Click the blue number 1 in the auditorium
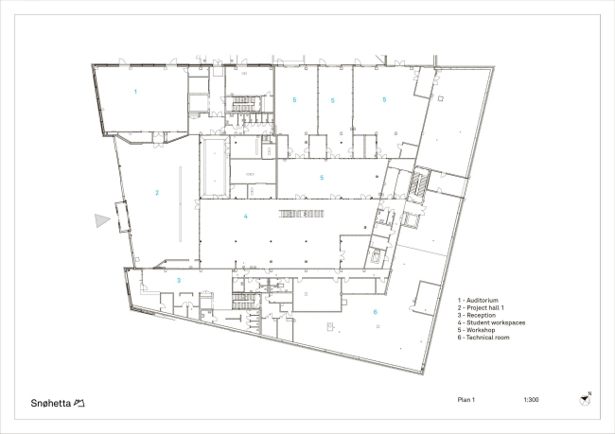click(135, 92)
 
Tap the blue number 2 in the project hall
click(157, 193)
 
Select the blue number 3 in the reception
click(179, 280)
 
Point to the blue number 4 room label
click(246, 216)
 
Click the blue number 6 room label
click(376, 312)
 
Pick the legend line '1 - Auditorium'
click(478, 301)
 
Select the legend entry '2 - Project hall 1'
click(481, 307)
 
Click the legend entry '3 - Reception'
click(477, 315)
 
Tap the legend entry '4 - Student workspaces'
click(491, 322)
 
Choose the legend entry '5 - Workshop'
click(476, 330)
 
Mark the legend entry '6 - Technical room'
click(483, 338)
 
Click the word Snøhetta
click(51, 403)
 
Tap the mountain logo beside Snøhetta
click(79, 403)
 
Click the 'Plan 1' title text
click(466, 400)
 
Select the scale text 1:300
click(531, 400)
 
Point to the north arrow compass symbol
click(585, 400)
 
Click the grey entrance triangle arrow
click(102, 220)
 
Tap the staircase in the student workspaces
click(301, 214)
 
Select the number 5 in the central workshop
click(322, 178)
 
